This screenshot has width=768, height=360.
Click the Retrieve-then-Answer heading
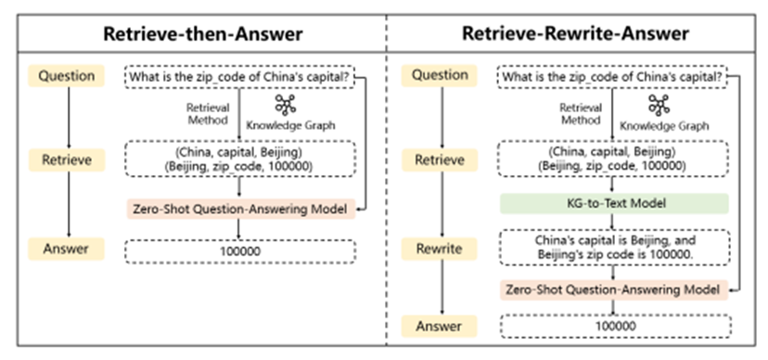coord(198,33)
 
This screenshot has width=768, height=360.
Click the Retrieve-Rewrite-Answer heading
coord(575,33)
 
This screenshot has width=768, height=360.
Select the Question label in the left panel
coord(66,76)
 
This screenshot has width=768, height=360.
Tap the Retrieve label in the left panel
coord(66,160)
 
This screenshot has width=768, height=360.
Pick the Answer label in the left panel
coord(66,249)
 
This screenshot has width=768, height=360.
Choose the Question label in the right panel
coord(440,76)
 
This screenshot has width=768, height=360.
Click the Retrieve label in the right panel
coord(440,160)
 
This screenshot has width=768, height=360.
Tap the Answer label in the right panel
coord(440,326)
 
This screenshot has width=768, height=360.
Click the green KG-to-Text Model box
coord(613,203)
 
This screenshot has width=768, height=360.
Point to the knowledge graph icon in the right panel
coord(659,104)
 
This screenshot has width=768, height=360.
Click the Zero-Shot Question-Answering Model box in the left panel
coord(239,210)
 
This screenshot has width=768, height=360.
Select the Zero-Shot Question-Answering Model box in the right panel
coord(613,290)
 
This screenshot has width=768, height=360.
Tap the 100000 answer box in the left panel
coord(239,251)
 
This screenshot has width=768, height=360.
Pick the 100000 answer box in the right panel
coord(613,326)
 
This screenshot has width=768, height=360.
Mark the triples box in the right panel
coord(613,160)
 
